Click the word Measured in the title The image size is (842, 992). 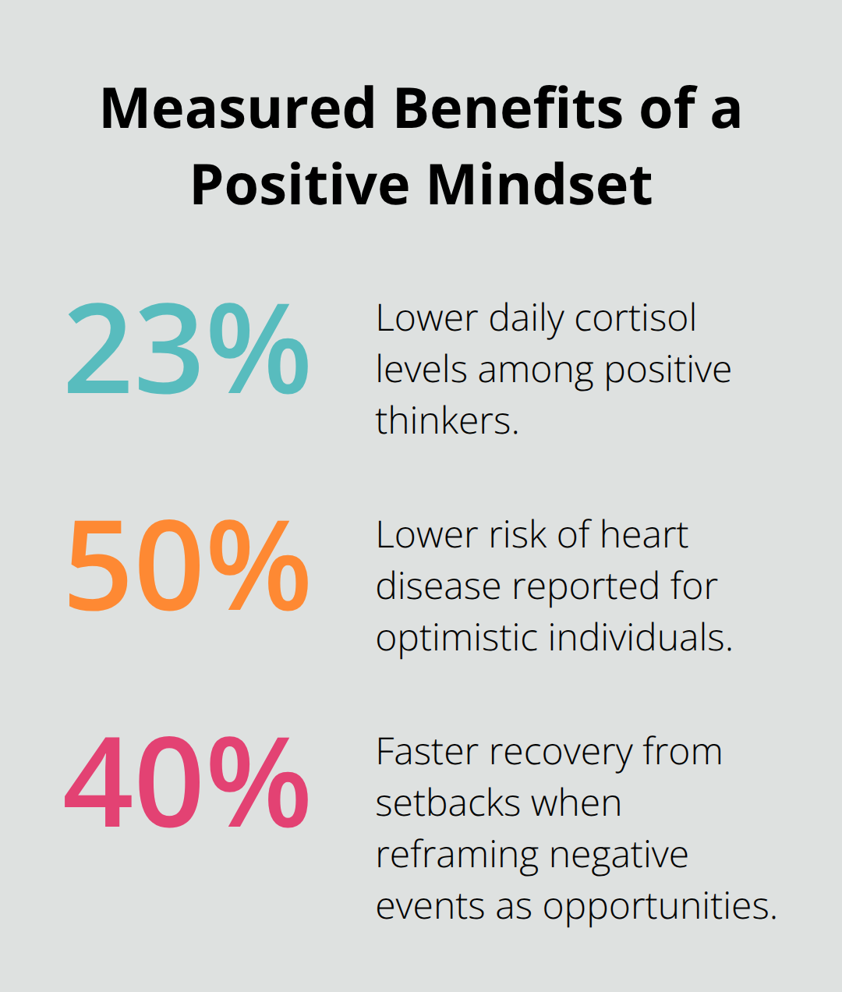coord(239,108)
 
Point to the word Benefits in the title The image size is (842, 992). coord(508,108)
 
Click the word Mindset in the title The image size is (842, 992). coord(540,185)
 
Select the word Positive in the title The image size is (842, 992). coord(300,185)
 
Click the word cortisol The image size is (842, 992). coord(635,318)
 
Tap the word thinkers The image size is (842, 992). coord(447,421)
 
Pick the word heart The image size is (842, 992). coord(644,535)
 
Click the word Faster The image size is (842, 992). coord(427,752)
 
